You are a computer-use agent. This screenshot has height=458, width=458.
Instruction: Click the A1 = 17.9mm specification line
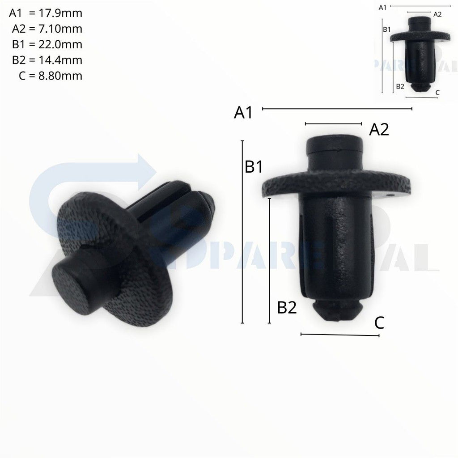coord(45,13)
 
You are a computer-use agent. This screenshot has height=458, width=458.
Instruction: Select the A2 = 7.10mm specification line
coord(47,29)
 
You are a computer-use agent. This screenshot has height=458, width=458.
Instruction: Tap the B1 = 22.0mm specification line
coord(47,45)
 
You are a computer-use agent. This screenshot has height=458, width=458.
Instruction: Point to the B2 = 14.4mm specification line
coord(47,60)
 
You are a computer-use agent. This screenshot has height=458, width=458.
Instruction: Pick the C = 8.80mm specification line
coord(51,76)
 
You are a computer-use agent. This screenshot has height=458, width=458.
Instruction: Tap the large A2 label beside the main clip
coord(379,130)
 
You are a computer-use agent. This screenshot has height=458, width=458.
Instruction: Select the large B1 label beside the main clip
coord(254,167)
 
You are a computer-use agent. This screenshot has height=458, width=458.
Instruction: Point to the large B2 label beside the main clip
coord(287,308)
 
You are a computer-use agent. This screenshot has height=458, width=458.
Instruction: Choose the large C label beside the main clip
coord(379,323)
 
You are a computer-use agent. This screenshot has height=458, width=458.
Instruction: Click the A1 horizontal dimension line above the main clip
coord(337,108)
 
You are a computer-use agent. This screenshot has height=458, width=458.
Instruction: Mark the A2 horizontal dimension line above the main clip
coord(333,123)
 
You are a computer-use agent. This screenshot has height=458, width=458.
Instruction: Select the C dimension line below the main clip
coord(340,334)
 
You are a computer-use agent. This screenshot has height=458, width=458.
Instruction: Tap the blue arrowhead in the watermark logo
coord(145,172)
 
